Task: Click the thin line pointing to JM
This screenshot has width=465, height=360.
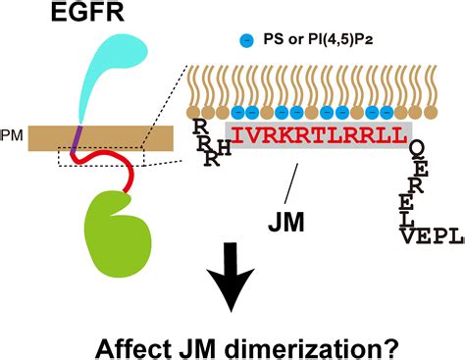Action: (x=292, y=180)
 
